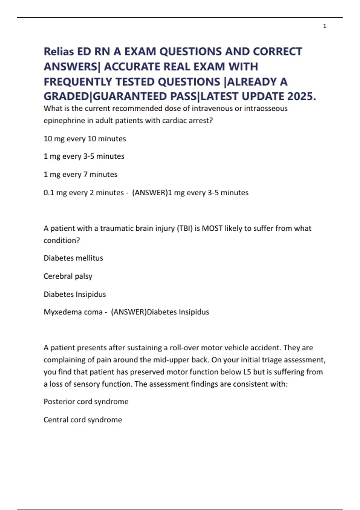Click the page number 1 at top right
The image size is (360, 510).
(x=325, y=26)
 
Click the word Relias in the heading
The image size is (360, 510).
(x=59, y=52)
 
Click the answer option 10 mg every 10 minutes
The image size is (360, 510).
(x=85, y=139)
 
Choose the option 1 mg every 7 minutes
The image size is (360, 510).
(x=80, y=174)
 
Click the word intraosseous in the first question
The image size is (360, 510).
(x=266, y=108)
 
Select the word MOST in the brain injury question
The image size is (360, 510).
(x=212, y=228)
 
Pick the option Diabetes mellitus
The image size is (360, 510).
(x=73, y=258)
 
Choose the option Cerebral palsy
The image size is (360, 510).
(x=68, y=276)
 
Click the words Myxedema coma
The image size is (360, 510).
(x=73, y=312)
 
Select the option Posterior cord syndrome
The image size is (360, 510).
(x=86, y=402)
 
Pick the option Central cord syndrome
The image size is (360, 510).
(x=82, y=420)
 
